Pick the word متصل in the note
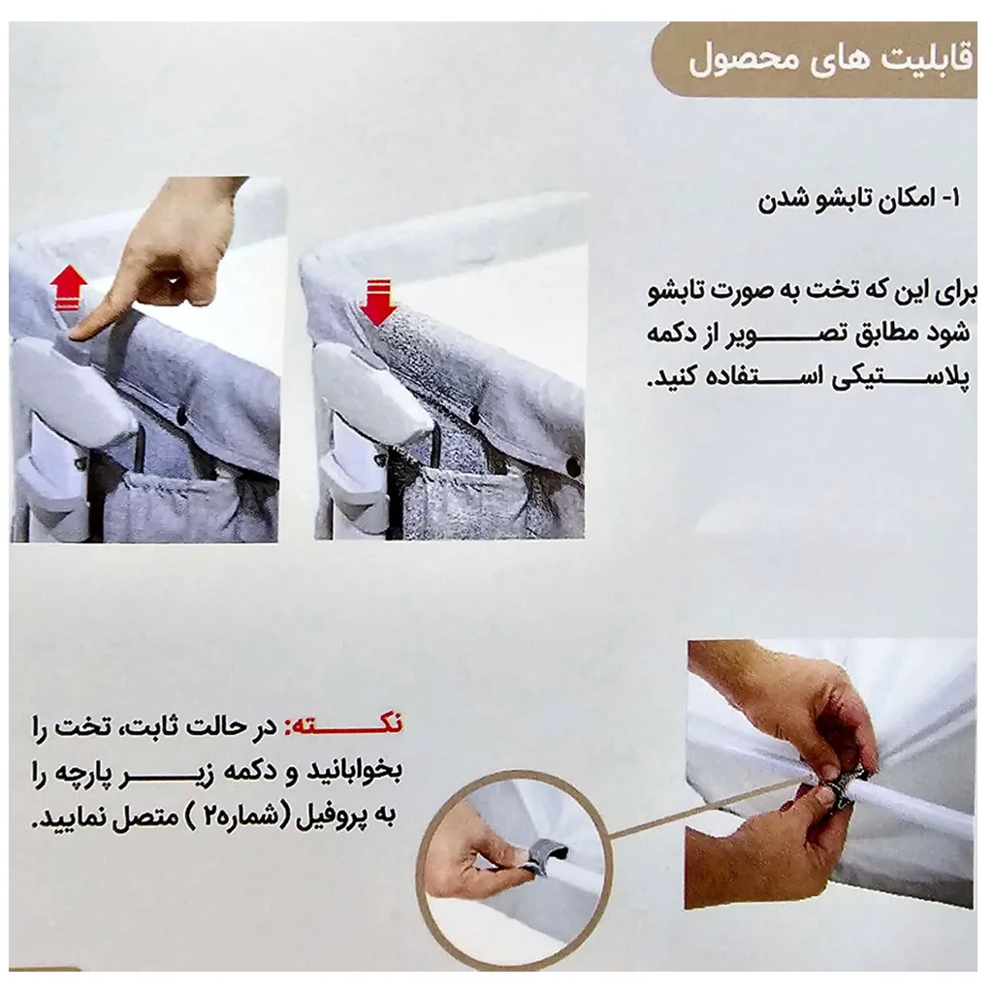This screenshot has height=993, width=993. click(134, 819)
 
